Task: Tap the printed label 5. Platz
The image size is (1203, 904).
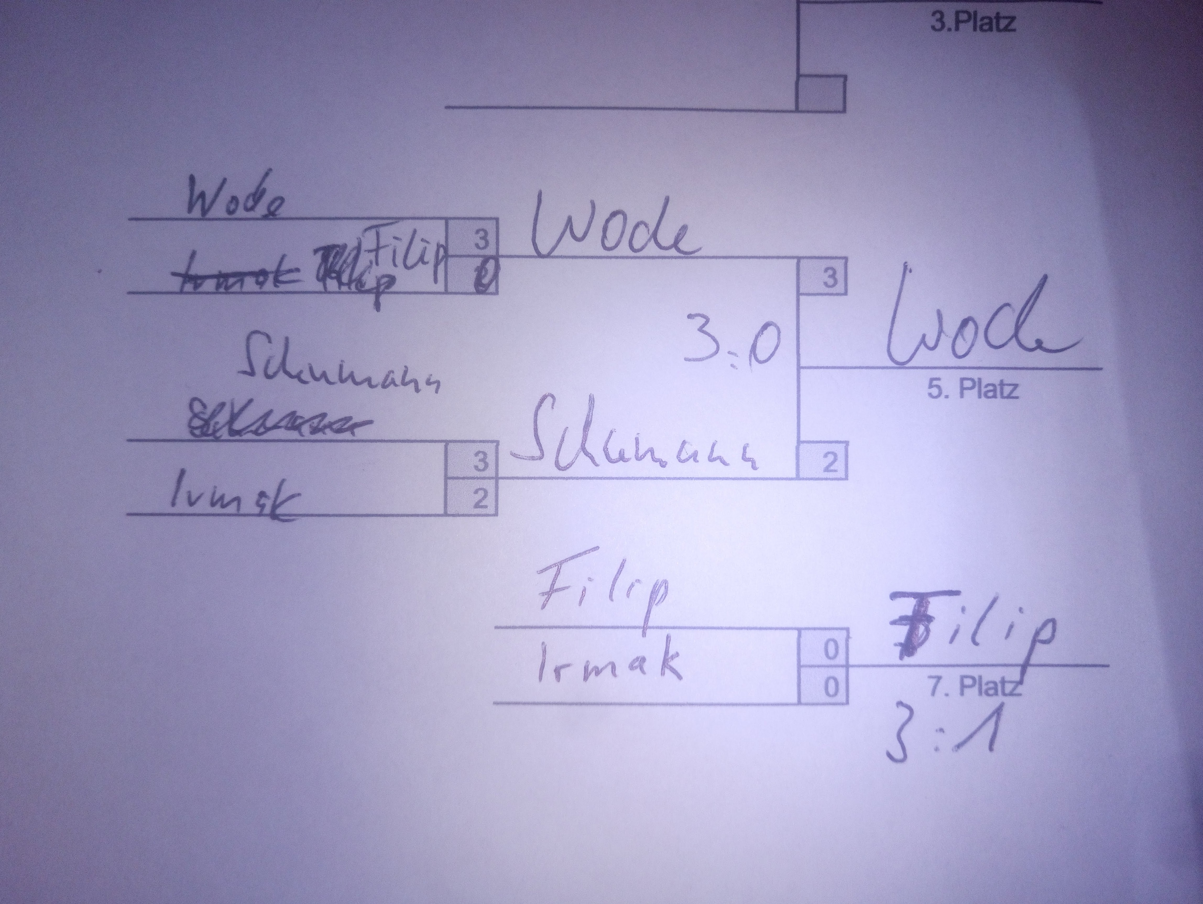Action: [972, 389]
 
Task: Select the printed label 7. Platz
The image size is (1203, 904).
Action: [974, 687]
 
